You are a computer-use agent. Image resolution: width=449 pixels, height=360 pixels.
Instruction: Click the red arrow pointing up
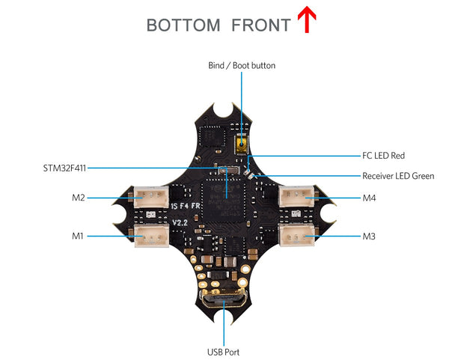(305, 20)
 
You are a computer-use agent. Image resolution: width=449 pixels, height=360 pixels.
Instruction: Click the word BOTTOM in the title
(183, 25)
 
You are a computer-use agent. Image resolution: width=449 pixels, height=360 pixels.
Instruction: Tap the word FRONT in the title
(260, 25)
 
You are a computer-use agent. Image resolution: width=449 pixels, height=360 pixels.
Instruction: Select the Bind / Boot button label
(241, 66)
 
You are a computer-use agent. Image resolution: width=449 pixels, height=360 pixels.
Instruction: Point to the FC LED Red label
(383, 156)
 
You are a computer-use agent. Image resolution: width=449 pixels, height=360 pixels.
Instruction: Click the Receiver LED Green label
(397, 176)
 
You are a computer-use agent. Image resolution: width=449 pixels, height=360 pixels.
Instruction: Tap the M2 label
(78, 198)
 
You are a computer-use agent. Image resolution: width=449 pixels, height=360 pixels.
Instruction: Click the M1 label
(78, 236)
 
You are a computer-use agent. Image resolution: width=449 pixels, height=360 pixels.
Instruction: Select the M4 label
(369, 198)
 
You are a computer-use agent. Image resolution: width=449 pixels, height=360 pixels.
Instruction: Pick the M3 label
(369, 236)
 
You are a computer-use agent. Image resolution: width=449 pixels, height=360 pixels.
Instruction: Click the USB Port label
(223, 351)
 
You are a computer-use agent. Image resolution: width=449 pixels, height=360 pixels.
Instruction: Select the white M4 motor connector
(296, 198)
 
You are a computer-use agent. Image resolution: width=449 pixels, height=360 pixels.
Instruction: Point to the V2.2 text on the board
(180, 223)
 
